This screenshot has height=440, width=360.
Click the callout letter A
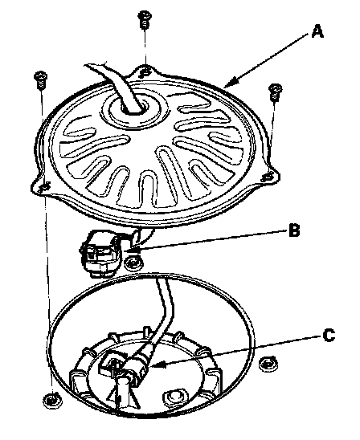[317, 31]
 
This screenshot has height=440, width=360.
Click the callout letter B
[294, 230]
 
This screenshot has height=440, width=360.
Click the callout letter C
[329, 335]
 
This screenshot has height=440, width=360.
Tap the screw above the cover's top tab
[144, 19]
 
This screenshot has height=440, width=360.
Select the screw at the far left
[41, 80]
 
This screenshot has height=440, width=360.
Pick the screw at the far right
[275, 92]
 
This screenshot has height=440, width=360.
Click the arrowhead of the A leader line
[231, 83]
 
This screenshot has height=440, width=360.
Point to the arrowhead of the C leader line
[156, 365]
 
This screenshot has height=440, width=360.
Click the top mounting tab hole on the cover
[145, 71]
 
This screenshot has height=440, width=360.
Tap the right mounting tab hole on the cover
[268, 177]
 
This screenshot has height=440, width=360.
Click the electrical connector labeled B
[102, 253]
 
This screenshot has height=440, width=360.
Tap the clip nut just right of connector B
[134, 263]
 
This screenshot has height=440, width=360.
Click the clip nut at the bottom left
[52, 401]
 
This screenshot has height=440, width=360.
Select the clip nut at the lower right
[268, 364]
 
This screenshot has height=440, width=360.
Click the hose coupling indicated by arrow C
[140, 364]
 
